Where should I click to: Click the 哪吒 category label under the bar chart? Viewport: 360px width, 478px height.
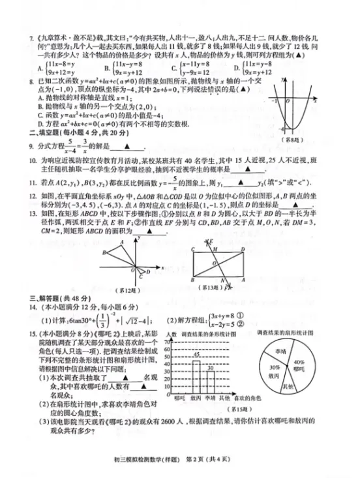[181, 397]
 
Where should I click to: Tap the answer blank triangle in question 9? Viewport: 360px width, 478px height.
[126, 147]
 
